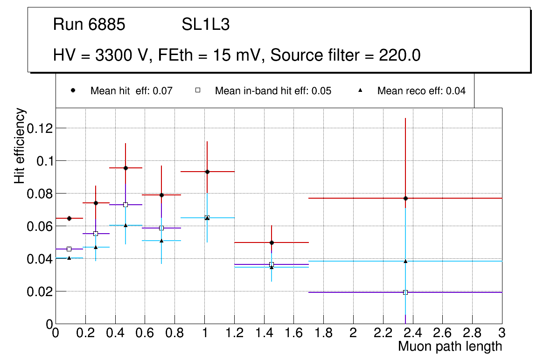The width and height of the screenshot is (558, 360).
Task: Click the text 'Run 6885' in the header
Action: coord(89,25)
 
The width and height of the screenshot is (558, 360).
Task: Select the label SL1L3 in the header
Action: coord(205,25)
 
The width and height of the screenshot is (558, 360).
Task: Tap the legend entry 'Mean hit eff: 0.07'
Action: coord(131,91)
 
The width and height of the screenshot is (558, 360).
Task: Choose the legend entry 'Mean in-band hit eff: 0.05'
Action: coord(273,91)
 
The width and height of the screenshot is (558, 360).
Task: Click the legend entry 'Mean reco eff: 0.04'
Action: coord(421,91)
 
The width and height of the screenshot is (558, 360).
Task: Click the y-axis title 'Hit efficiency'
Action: coord(20,145)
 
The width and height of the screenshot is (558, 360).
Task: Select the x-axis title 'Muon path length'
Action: coord(450,346)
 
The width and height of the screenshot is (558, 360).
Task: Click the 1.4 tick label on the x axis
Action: coord(264,332)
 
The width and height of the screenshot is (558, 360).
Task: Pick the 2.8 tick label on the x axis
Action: coord(472,332)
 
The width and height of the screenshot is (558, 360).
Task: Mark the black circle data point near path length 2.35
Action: coord(405,198)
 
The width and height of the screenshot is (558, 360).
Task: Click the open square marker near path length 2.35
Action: coord(405,292)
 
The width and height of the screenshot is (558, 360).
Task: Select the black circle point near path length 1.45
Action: coord(272,242)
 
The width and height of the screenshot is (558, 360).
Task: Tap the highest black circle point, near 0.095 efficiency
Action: coord(126,168)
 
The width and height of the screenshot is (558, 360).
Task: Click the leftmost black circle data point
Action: coord(69,218)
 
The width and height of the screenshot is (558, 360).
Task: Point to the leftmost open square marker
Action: coord(69,249)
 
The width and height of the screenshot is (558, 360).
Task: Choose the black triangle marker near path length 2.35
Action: coord(405,261)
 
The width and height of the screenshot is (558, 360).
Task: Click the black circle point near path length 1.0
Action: coord(207,172)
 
